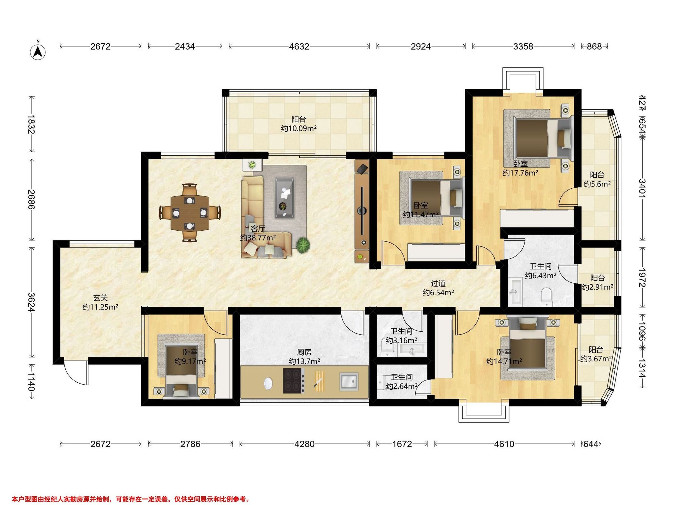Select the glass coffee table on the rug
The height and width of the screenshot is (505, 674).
pos(284,198)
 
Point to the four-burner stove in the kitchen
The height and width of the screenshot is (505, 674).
pos(294,380)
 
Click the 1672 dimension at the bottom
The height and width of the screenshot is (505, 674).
pos(402,444)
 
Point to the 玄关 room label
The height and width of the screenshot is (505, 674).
pos(100,298)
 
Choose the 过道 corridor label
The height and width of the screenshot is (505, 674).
pos(438,283)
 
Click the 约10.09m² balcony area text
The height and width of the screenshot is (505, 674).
pos(299,128)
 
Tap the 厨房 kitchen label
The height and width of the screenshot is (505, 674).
pos(304,352)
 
